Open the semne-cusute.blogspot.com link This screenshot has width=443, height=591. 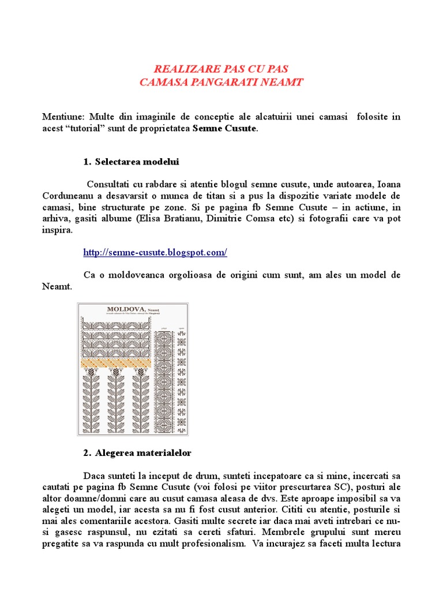click(155, 252)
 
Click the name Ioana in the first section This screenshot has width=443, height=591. click(388, 184)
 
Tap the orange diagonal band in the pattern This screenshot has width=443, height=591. click(118, 363)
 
